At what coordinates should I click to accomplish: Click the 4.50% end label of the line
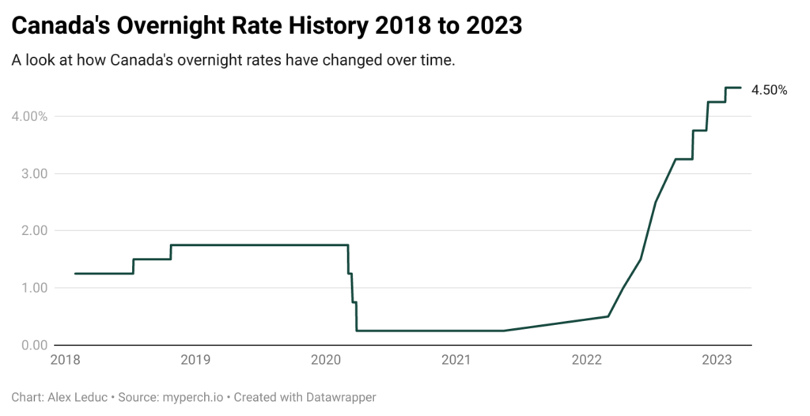(769, 90)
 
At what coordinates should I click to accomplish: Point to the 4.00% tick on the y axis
(29, 116)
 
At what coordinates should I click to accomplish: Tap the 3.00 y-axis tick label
(33, 174)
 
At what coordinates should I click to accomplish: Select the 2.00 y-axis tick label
(33, 230)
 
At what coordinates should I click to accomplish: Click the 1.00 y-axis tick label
(33, 288)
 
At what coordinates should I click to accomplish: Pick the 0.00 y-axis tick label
(33, 345)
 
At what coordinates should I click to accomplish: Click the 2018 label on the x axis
(65, 360)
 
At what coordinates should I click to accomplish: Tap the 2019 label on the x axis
(195, 360)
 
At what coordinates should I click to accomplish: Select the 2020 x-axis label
(325, 360)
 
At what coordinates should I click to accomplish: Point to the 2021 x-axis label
(456, 360)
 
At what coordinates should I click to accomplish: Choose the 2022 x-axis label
(586, 360)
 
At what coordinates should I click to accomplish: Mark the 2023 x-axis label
(717, 360)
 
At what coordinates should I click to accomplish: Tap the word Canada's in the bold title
(60, 25)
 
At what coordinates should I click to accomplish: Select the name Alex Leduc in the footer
(78, 397)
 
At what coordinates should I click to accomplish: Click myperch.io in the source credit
(193, 398)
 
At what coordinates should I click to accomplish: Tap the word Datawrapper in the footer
(341, 398)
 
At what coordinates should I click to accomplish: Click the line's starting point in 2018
(75, 274)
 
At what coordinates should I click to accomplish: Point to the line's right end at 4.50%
(740, 88)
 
